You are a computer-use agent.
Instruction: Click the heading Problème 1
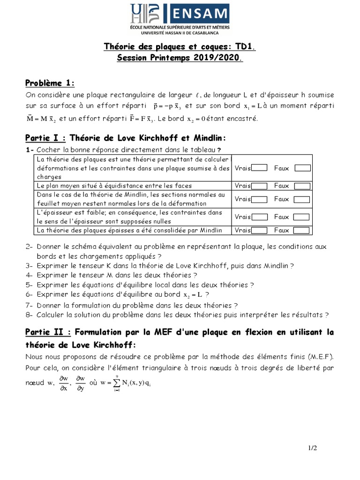point(50,83)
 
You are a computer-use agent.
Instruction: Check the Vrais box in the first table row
point(259,168)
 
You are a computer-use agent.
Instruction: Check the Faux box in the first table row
point(302,168)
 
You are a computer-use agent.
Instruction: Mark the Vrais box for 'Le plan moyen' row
point(259,186)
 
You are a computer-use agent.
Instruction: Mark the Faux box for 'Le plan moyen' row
point(302,186)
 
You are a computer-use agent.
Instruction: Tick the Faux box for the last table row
point(302,230)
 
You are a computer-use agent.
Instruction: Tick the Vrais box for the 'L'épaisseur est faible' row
point(259,217)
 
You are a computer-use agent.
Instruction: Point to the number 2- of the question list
point(29,247)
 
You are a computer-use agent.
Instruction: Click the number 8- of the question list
point(29,315)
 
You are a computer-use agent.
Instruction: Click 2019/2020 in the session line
point(216,58)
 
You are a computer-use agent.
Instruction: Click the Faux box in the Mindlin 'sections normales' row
point(302,199)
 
